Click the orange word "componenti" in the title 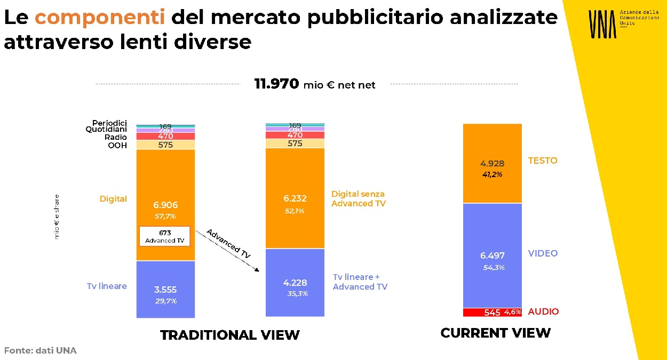100,18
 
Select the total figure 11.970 276,84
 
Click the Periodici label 109,123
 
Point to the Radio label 116,137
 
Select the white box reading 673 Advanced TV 165,236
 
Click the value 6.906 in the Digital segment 165,205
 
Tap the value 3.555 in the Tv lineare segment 165,290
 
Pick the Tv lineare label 107,286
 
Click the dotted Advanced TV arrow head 257,270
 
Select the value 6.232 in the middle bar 295,198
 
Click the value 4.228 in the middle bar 295,283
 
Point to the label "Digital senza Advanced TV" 359,198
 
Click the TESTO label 542,161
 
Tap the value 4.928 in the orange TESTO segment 492,164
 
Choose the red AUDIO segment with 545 492,312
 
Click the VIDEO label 543,253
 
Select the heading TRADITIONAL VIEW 230,335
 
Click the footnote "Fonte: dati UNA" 41,350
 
